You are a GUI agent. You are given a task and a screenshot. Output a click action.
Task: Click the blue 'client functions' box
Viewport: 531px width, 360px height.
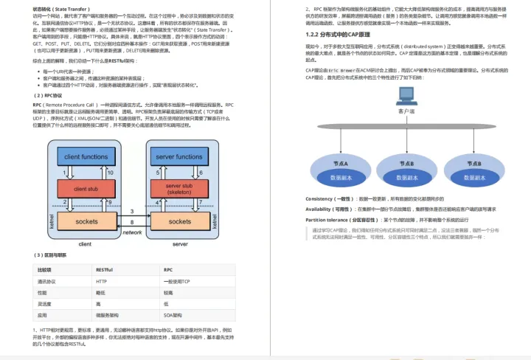(x=86, y=157)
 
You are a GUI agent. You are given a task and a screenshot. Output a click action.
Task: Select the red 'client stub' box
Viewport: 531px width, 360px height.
(x=86, y=189)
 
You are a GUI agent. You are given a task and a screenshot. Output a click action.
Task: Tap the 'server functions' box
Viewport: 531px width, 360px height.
(x=179, y=157)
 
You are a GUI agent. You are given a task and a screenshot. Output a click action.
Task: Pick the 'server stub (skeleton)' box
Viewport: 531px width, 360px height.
(x=179, y=188)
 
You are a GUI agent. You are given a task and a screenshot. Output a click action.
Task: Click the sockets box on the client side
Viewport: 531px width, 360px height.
(x=86, y=221)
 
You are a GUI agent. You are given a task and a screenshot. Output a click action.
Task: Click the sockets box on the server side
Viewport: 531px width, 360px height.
(x=179, y=221)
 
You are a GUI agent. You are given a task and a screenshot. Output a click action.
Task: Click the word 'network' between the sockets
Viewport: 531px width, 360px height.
(x=132, y=232)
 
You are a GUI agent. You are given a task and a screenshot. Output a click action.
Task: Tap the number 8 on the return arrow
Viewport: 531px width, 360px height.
(x=132, y=222)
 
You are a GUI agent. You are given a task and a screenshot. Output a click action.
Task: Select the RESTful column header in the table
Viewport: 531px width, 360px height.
(x=104, y=270)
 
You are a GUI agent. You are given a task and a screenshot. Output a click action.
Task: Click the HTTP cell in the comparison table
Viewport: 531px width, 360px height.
(x=102, y=282)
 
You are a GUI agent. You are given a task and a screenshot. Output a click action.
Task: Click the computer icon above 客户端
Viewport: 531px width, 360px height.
(x=405, y=95)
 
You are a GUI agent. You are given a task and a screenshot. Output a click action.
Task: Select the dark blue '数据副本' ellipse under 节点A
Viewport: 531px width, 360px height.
(x=341, y=178)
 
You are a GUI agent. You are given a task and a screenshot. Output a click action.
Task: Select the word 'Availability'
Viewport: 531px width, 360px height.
(x=319, y=210)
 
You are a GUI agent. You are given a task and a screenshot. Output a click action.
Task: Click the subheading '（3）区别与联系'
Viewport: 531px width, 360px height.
(x=52, y=255)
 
